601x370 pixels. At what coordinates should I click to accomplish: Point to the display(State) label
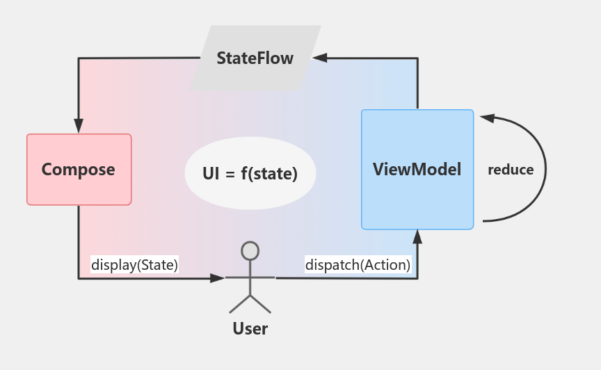click(135, 264)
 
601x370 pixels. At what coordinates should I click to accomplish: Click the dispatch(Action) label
click(358, 264)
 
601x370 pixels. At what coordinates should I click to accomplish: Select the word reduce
click(511, 170)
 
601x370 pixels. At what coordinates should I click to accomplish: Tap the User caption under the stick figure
click(250, 328)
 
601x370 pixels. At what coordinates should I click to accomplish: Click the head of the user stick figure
click(250, 250)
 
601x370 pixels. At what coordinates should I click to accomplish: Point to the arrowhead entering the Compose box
click(79, 126)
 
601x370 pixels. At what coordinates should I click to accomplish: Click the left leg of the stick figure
click(239, 304)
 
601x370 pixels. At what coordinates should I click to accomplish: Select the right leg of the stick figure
click(261, 304)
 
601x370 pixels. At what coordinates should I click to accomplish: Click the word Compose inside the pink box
click(79, 170)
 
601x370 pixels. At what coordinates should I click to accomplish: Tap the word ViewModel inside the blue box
click(417, 169)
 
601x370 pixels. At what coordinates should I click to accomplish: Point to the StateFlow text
click(255, 58)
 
